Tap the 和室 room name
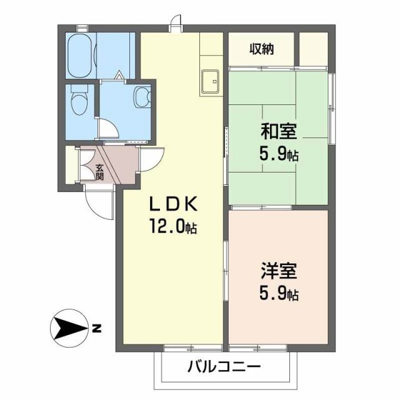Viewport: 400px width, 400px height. click(279, 132)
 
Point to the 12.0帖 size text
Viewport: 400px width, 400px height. click(172, 227)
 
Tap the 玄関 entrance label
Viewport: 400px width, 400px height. click(100, 171)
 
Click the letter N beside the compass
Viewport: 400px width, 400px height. click(96, 327)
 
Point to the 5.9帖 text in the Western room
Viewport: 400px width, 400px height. click(279, 293)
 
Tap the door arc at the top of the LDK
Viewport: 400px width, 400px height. click(177, 23)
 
